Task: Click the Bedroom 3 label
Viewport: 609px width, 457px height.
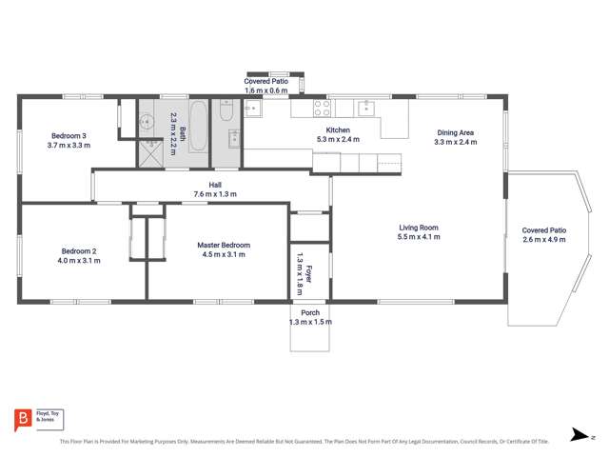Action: (68, 134)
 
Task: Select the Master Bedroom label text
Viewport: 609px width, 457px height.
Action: (222, 245)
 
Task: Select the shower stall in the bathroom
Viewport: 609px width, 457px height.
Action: (151, 153)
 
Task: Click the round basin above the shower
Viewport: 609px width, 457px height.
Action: (148, 121)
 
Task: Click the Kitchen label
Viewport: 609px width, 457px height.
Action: (339, 129)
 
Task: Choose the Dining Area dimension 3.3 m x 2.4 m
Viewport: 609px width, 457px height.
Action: (455, 142)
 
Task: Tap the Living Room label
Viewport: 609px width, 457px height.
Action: (418, 227)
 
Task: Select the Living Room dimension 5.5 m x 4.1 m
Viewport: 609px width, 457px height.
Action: (418, 237)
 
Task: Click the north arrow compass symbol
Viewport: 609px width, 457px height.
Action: (580, 435)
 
